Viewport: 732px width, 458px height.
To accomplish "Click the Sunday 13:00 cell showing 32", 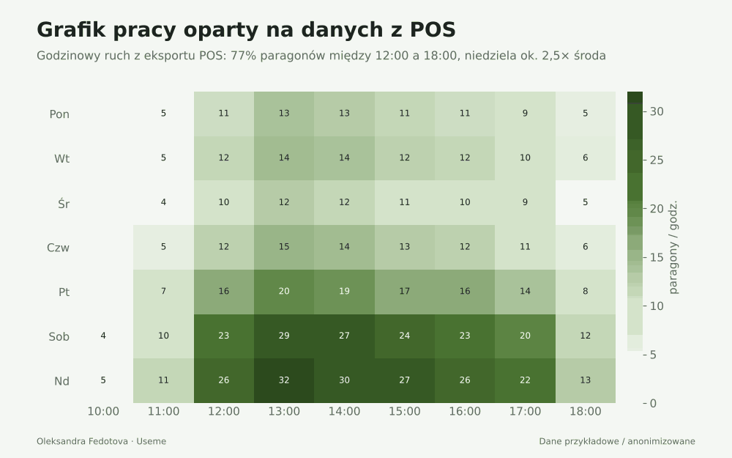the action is (284, 380).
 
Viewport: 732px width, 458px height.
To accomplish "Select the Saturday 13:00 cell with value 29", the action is (284, 336).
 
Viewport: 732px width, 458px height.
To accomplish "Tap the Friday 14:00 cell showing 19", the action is (344, 292).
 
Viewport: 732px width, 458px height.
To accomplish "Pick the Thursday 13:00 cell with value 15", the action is (284, 247).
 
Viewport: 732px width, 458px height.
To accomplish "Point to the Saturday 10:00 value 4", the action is (103, 336).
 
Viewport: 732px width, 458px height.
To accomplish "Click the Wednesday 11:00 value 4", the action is (163, 202).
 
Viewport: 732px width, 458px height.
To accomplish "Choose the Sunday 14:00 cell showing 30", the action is (344, 380).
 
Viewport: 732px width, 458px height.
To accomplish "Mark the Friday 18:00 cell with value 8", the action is (586, 292).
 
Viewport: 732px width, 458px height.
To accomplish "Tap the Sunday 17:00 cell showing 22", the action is (525, 380).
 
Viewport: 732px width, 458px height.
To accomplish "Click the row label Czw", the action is (58, 248).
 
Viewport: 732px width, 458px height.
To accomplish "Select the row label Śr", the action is (64, 203).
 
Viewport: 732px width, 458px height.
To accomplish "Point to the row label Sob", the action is (59, 336).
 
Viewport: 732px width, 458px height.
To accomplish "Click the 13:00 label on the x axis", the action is (284, 411).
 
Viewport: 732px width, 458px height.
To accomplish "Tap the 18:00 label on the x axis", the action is (586, 411).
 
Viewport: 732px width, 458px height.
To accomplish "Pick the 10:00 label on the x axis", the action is (103, 411).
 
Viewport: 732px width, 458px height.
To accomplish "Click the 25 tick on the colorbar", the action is (657, 160).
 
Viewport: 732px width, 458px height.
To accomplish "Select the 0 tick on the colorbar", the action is (653, 403).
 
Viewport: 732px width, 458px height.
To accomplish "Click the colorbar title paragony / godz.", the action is (673, 248).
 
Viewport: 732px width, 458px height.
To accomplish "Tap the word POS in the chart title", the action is (433, 30).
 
